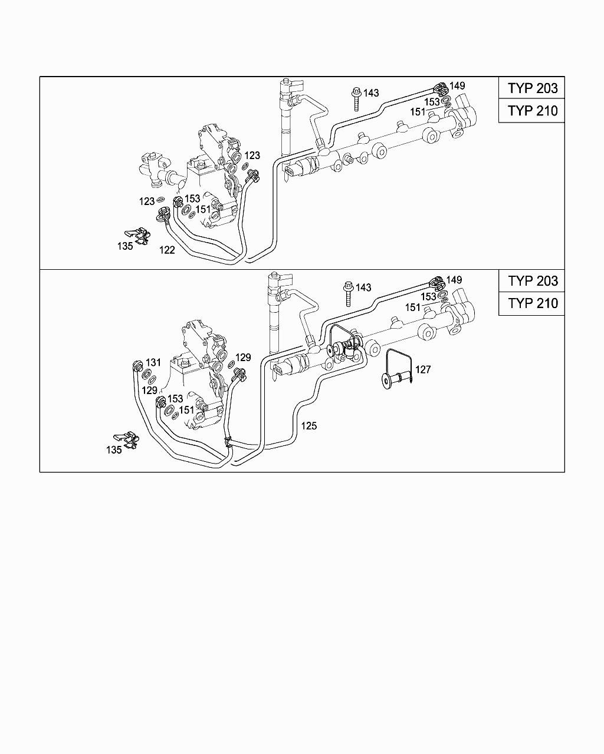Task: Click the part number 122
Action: pos(167,250)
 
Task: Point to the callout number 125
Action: pos(308,425)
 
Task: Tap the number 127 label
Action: pos(423,370)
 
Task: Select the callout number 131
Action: pos(153,363)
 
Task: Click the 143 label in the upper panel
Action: pos(370,93)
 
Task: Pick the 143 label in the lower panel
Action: pos(363,287)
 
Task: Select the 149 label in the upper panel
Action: pos(457,86)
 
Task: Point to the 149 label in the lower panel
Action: pos(454,280)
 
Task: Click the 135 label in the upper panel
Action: pos(124,247)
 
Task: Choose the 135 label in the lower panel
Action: pos(114,450)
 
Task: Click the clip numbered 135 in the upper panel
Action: pos(137,235)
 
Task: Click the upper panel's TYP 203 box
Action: pos(531,88)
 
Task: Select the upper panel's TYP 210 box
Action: pos(531,111)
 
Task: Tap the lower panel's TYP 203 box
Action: pos(531,281)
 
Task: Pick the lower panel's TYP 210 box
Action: pos(531,303)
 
